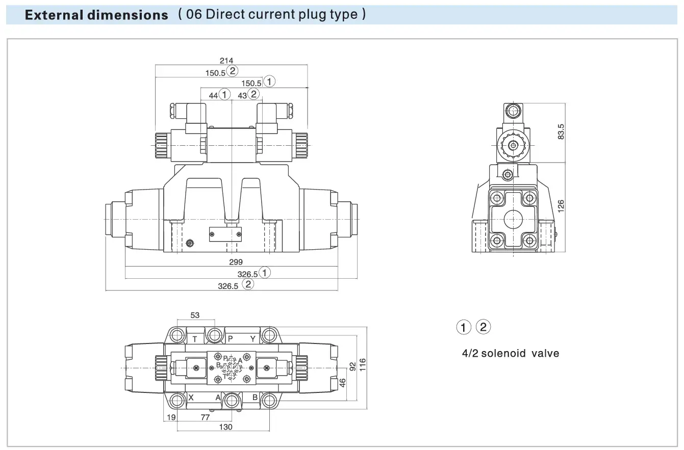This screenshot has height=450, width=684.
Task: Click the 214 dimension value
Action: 226,61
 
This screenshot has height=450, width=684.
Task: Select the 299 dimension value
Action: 236,262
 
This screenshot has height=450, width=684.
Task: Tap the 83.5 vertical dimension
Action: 561,131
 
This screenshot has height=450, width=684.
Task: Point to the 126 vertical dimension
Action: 561,206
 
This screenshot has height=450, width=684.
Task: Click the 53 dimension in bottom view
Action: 195,315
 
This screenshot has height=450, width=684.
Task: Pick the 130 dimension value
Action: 225,427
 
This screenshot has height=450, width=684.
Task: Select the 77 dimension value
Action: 205,417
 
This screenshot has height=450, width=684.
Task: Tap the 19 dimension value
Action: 171,417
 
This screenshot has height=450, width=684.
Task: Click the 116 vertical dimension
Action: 362,365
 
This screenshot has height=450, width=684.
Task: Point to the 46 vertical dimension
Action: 343,383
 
